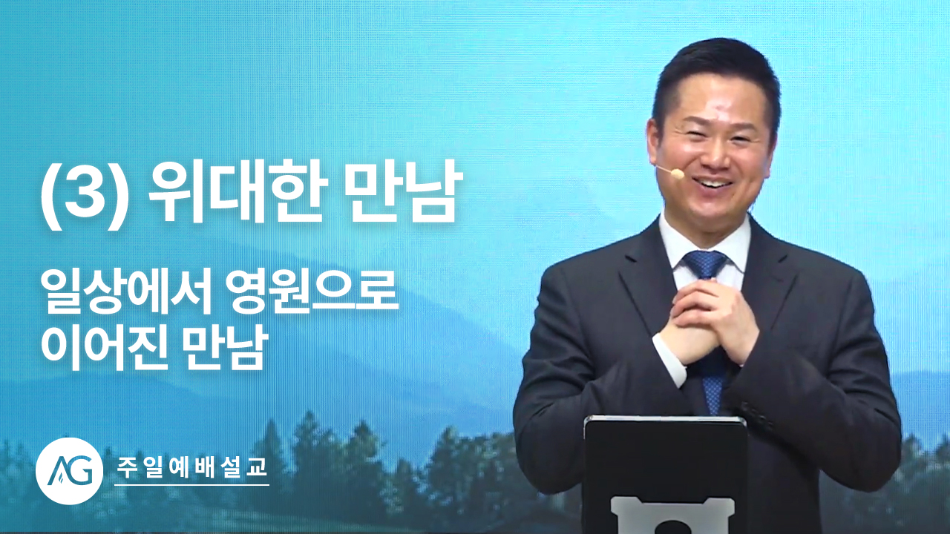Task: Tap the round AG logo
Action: point(69,471)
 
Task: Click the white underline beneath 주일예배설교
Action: point(191,485)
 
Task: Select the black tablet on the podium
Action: point(664,475)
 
